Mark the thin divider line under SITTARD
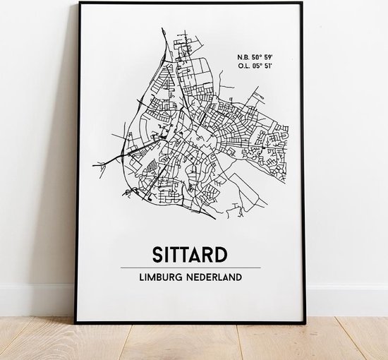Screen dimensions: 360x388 pos(190,268)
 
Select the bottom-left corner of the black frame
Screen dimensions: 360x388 pos(77,322)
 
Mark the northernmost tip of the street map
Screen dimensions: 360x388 pos(162,29)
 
